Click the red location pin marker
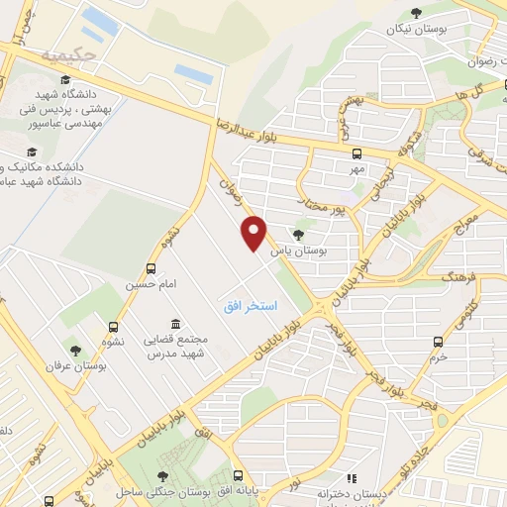[254, 232]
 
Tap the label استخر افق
[249, 308]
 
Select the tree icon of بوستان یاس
[298, 236]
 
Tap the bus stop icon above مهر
[356, 153]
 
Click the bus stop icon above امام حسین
[151, 268]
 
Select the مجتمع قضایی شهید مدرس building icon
[175, 324]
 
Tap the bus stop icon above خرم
[439, 342]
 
